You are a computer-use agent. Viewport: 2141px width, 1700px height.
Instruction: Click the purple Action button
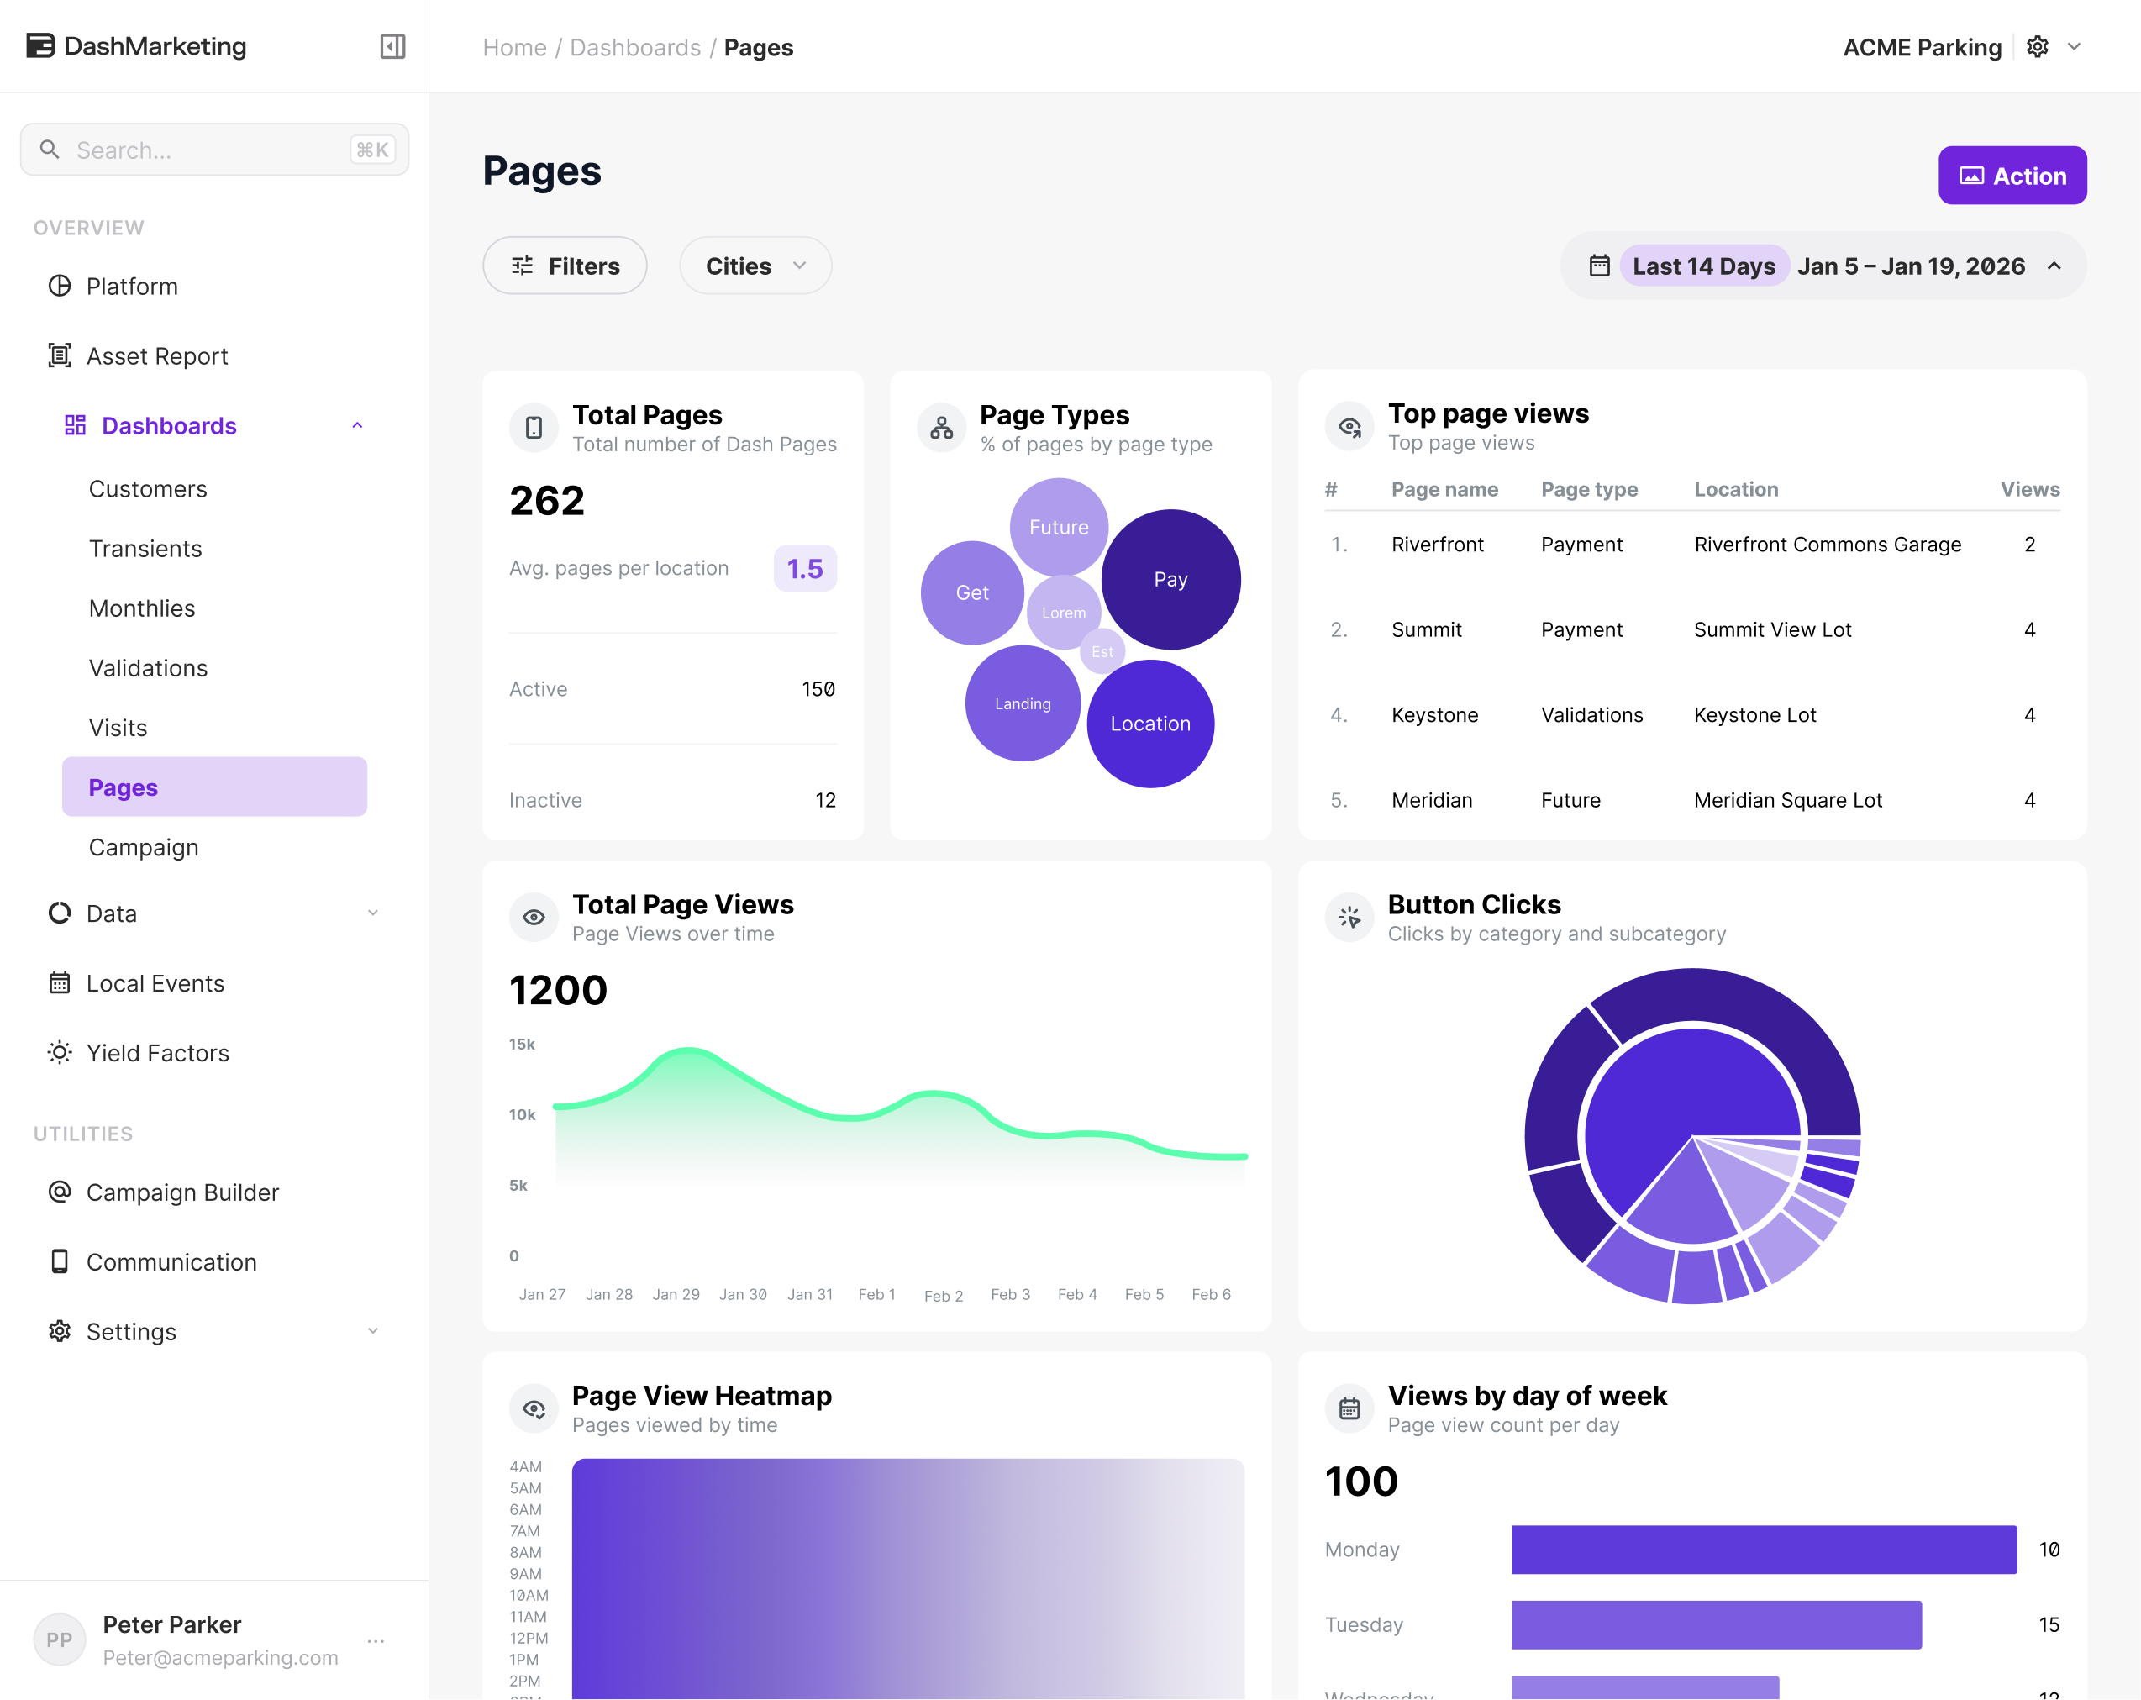click(2012, 176)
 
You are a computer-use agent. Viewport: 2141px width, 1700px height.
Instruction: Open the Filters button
click(564, 266)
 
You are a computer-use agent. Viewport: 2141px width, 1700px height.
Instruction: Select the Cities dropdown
click(755, 266)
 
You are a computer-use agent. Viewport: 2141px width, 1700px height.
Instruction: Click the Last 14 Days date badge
click(1704, 266)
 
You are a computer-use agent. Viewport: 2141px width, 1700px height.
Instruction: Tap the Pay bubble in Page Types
click(1170, 579)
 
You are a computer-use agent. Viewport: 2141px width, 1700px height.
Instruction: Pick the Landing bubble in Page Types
click(1023, 703)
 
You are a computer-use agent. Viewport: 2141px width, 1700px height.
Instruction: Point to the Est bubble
click(1102, 651)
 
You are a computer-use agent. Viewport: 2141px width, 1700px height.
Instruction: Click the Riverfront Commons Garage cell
click(1828, 545)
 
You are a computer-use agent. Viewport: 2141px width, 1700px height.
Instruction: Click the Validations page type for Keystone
click(1591, 715)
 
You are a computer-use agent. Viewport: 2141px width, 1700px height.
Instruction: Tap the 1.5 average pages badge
click(804, 568)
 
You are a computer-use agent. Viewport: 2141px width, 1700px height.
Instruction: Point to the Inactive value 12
click(825, 800)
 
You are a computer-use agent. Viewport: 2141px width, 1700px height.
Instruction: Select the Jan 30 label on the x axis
click(743, 1294)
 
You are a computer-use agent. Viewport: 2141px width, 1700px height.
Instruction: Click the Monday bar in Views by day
click(1764, 1549)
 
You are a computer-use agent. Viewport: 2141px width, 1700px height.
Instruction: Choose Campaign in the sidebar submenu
click(143, 847)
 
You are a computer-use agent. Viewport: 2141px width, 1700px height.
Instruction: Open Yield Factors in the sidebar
click(158, 1053)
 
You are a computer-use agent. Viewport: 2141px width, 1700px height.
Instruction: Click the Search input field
click(214, 150)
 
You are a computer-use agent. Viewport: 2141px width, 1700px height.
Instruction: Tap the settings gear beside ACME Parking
click(2037, 47)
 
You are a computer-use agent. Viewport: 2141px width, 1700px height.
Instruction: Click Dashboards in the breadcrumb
click(634, 48)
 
